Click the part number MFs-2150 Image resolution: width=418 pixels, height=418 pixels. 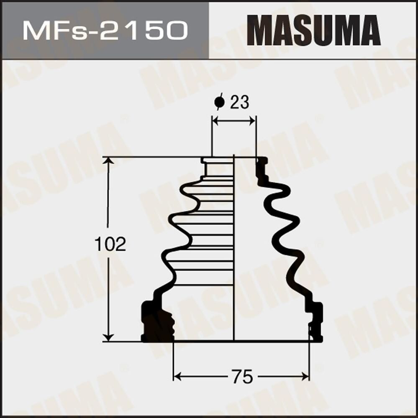[105, 30]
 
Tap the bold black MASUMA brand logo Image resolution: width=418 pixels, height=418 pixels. [313, 30]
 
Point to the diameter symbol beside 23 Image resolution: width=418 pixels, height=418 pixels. [218, 102]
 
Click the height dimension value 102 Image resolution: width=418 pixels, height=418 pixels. [110, 245]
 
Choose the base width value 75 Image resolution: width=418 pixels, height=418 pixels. [242, 377]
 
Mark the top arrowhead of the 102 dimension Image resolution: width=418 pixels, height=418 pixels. [108, 161]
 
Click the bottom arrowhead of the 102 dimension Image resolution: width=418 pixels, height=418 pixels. [108, 337]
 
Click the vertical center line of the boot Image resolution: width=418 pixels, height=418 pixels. [234, 251]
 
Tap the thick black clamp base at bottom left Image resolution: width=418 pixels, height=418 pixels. [157, 322]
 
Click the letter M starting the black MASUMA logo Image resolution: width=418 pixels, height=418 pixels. [258, 30]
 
